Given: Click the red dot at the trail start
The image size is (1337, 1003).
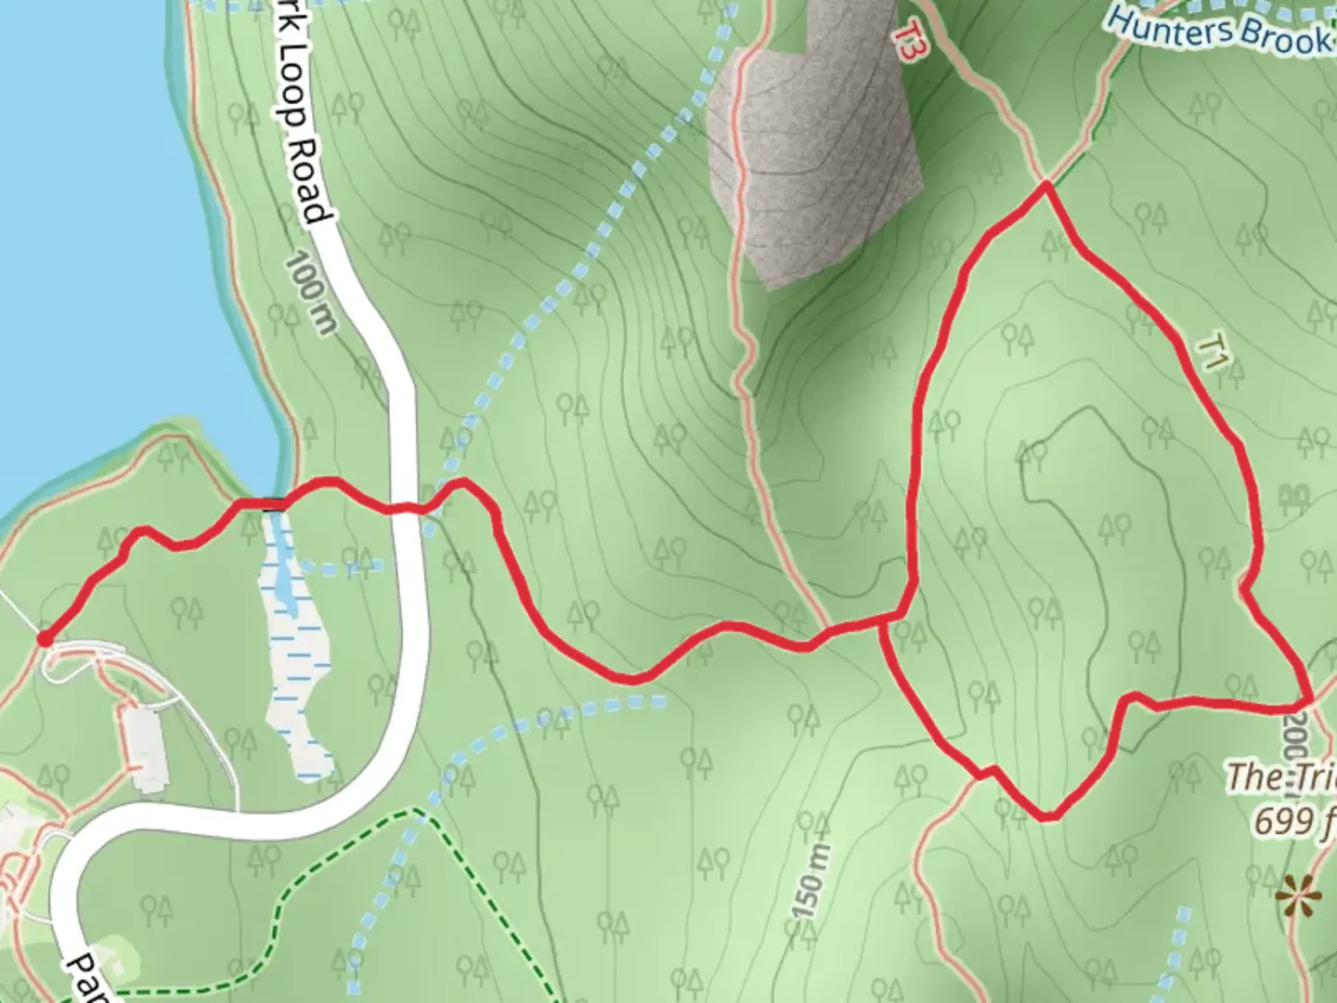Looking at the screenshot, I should pos(44,637).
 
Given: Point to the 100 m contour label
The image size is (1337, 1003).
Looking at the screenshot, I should pos(305,293).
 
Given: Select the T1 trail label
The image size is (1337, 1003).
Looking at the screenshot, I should pos(1209,354).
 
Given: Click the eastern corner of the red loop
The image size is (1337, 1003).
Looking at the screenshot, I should pos(1308,697).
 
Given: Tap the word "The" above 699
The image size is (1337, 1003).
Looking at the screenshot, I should pos(1253,776).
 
